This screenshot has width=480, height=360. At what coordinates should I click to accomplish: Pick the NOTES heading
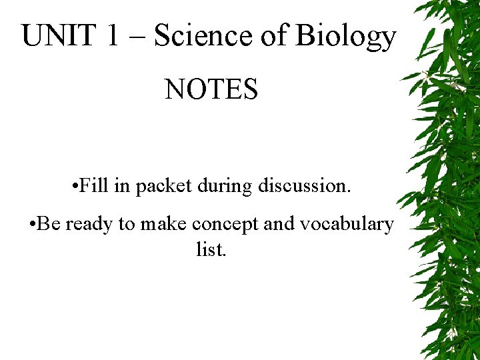(x=211, y=89)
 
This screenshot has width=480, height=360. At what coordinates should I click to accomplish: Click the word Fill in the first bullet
(x=95, y=186)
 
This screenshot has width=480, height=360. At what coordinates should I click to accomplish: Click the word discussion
(x=304, y=186)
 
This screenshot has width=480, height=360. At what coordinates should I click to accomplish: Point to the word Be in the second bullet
(x=49, y=224)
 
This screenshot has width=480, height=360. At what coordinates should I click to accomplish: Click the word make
(x=163, y=224)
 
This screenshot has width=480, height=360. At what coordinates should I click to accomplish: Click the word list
(x=211, y=250)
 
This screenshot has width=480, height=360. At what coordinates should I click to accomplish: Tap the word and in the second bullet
(x=279, y=224)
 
